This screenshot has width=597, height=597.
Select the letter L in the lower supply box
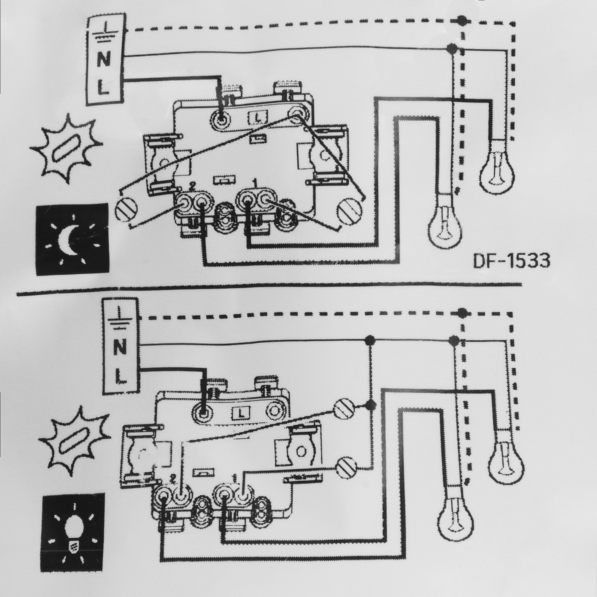(x=121, y=377)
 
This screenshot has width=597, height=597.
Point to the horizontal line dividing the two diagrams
(x=269, y=290)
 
